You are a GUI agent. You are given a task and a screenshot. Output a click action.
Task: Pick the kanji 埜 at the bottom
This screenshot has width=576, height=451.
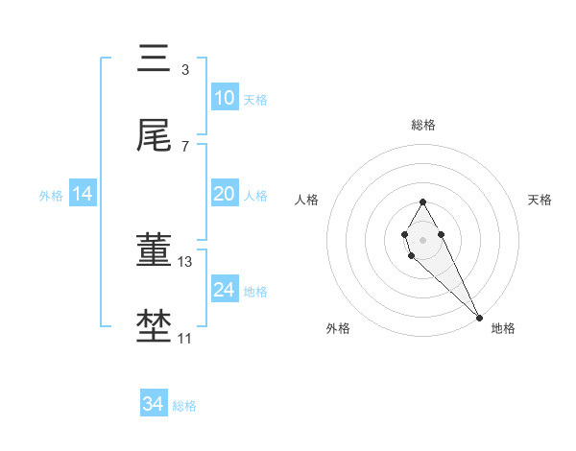[154, 326]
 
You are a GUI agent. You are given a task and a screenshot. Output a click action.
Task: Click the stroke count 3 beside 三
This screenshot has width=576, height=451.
[184, 70]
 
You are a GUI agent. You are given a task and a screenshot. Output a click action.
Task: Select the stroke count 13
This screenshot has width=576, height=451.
[185, 261]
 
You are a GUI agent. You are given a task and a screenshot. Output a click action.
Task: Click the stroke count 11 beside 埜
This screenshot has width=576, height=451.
[184, 338]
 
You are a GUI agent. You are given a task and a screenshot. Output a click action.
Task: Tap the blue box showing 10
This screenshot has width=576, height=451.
[224, 99]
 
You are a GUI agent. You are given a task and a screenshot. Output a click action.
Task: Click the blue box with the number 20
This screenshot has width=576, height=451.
[224, 194]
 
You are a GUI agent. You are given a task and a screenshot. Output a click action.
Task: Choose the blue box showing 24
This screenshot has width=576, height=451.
[224, 289]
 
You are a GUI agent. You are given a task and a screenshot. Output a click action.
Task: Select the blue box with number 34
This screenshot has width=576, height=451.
[153, 404]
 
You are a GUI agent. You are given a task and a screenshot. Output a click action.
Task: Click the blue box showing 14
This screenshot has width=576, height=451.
[83, 194]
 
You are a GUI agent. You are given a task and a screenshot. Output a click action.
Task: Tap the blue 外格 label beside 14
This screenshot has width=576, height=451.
[51, 195]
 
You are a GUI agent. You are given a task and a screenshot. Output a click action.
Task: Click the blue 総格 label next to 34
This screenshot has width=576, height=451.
[184, 405]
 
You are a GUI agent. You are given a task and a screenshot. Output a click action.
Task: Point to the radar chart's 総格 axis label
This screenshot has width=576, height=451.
[422, 125]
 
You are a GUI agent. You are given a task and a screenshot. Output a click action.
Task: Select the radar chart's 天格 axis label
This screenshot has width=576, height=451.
[540, 200]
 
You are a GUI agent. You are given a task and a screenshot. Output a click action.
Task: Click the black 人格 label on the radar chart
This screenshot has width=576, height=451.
[306, 200]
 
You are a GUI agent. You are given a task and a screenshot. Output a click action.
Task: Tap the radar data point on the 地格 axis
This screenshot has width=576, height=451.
[479, 317]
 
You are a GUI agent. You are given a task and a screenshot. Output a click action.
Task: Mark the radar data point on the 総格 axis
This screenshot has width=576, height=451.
[422, 202]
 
